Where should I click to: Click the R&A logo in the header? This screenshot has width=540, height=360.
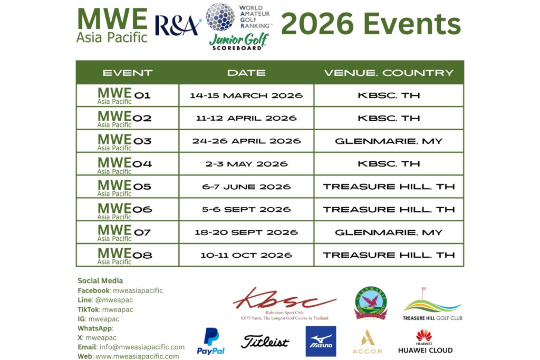coord(178,25)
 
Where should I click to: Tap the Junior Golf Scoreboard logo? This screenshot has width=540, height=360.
coord(239,41)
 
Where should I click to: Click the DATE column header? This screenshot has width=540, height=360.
coord(246,73)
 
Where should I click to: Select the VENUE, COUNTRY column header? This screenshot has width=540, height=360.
coord(389,73)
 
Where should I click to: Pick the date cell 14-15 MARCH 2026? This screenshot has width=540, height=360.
coord(246,96)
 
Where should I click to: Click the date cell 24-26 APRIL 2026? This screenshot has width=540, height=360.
coord(246,141)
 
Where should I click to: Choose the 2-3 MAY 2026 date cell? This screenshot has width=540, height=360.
coord(246,164)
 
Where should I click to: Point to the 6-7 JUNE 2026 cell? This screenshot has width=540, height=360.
coord(246,187)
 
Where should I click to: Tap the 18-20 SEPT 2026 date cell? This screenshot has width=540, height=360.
coord(246,232)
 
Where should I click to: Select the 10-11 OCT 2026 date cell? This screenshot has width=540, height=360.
coord(246,255)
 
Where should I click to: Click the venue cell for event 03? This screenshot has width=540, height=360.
coord(389,141)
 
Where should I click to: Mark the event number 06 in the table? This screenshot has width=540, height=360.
coord(142,210)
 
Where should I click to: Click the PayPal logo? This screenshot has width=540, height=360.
coord(210,341)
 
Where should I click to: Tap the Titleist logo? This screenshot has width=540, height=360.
coord(265,342)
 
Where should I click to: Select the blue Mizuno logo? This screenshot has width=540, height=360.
coord(321,341)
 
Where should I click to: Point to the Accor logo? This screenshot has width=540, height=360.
coord(367,342)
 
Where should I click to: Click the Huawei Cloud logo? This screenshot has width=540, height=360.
coord(425,342)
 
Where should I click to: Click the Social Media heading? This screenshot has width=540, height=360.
coord(100,281)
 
